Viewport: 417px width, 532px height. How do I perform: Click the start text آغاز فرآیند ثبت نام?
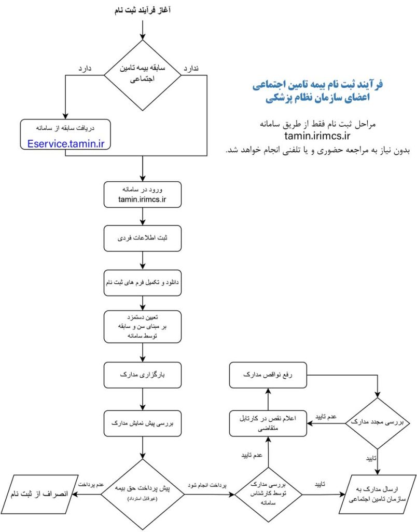(142, 9)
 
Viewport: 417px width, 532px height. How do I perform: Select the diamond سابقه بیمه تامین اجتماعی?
(142, 75)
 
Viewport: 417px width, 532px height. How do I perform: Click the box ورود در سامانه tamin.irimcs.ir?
(142, 195)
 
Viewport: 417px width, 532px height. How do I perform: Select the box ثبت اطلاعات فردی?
(142, 238)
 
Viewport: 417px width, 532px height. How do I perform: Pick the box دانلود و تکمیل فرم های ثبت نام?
(142, 283)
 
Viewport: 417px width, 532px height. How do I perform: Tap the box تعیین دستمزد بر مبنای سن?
(142, 327)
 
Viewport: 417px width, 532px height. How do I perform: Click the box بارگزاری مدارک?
(142, 374)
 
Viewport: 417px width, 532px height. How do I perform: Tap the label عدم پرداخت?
(89, 484)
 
